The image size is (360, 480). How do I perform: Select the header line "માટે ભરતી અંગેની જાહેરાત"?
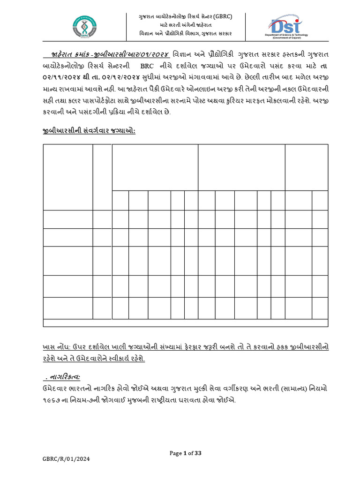click(x=186, y=24)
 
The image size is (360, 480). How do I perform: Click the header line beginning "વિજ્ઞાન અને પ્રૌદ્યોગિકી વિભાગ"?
click(x=186, y=33)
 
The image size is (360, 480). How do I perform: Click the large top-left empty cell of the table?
click(x=67, y=177)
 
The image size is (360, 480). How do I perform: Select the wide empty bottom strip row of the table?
click(x=186, y=323)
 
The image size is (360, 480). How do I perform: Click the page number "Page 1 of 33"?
click(x=185, y=453)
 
